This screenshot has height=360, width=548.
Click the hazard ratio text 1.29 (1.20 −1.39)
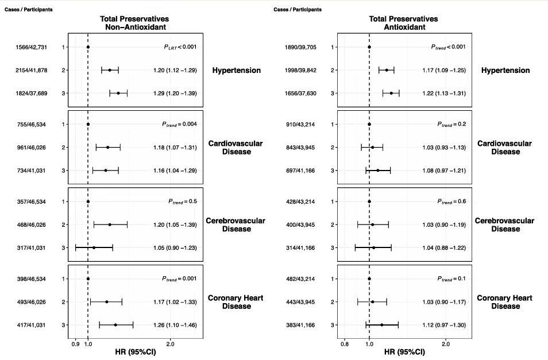point(175,94)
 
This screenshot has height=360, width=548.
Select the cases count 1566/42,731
point(31,47)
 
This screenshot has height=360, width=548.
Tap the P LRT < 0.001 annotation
point(180,47)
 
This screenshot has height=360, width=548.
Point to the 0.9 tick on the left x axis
point(75,344)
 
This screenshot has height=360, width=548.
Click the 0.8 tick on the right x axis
point(345,344)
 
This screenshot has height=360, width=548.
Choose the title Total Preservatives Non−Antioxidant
point(134,23)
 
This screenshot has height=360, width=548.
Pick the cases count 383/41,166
point(300,325)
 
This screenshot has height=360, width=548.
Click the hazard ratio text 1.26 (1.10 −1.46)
point(175,325)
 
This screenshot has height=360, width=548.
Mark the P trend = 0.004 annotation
point(179,125)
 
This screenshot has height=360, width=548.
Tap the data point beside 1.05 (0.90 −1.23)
point(94,248)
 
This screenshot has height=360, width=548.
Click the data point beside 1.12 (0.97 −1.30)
point(381,325)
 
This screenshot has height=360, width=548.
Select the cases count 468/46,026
point(32,225)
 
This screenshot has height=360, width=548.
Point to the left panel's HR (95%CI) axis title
point(136,352)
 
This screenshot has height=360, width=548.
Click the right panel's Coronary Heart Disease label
point(505,302)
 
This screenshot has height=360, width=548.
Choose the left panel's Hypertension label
point(237,70)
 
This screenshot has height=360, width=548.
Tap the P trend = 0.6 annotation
point(452,202)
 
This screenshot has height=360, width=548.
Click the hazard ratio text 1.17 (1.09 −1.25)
point(444,70)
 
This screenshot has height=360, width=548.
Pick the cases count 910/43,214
point(300,125)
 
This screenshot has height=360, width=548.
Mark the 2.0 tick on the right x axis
point(446,344)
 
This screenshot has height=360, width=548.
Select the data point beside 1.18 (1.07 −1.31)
point(107,148)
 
